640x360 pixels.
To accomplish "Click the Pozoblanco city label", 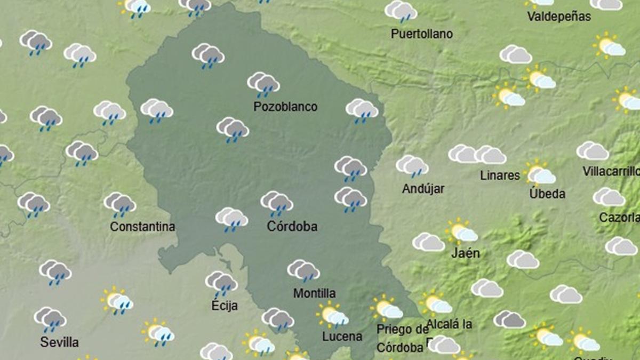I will tap(285, 107).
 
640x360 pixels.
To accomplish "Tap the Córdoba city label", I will tap(292, 227).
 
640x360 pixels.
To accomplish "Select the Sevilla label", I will tap(59, 342).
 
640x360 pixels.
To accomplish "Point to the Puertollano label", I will tap(422, 34).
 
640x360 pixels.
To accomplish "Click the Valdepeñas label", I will tap(559, 17).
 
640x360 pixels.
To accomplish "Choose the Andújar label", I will tap(423, 188).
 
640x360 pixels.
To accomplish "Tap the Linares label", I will tap(500, 175).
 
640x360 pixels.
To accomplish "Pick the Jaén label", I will tap(466, 253).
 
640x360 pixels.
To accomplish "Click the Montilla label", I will tap(315, 293).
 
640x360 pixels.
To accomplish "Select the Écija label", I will tap(223, 306).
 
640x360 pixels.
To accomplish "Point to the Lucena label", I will tap(342, 337).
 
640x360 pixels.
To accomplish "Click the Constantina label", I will tap(142, 227).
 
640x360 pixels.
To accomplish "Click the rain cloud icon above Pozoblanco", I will tap(263, 84).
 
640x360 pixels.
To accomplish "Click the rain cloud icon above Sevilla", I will tap(51, 319).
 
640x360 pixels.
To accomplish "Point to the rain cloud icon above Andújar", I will tap(412, 166).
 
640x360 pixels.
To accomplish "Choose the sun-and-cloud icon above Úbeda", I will tap(540, 173).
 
